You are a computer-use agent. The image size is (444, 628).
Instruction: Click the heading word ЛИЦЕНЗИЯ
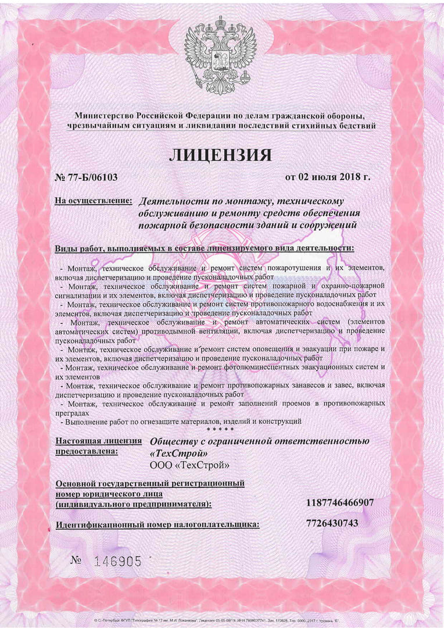click(220, 155)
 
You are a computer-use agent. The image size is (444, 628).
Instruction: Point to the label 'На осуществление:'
click(93, 201)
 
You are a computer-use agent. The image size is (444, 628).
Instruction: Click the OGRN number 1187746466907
click(340, 502)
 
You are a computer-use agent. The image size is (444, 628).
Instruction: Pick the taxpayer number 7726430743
click(332, 523)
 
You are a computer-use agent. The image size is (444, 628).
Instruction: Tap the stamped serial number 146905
click(119, 561)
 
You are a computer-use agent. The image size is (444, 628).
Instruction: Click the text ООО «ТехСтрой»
click(189, 465)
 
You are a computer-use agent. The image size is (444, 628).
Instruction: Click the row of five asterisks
click(221, 430)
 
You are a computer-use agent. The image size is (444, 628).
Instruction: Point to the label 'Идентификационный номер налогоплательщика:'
click(157, 525)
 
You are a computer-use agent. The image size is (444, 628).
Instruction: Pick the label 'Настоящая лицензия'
click(98, 441)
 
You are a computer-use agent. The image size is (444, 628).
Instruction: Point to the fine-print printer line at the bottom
click(221, 621)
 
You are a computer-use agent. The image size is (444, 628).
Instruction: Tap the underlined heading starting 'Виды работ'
click(204, 248)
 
